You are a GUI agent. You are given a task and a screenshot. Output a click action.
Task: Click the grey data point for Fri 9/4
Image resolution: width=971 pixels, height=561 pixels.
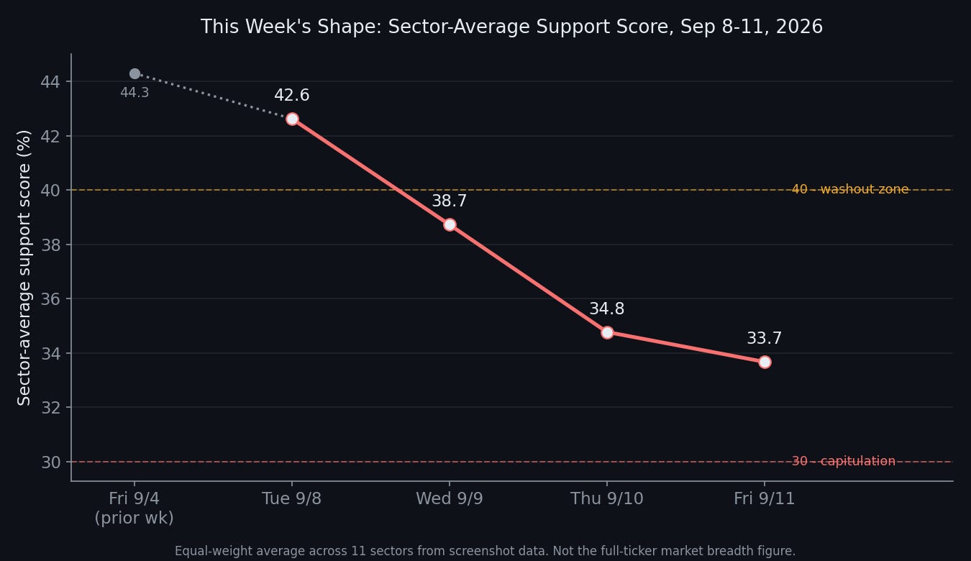135,73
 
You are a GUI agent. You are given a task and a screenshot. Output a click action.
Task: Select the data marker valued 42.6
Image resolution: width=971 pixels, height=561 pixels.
292,119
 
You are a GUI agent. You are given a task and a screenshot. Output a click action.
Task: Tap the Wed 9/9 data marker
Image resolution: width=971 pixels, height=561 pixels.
450,225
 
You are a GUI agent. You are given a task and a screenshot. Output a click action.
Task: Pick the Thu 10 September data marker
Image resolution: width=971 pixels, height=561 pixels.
607,332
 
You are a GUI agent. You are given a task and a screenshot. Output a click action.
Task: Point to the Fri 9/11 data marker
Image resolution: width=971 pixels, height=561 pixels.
765,362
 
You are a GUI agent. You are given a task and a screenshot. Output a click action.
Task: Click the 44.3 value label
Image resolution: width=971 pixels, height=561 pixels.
135,93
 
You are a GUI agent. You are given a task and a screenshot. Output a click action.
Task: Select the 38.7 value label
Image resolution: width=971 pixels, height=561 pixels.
450,201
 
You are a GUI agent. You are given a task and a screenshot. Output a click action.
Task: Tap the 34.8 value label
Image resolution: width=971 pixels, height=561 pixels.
607,309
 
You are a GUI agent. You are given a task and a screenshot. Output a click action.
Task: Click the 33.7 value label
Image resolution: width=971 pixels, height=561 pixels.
765,338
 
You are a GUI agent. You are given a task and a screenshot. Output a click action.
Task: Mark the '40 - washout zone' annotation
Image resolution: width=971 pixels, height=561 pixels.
850,189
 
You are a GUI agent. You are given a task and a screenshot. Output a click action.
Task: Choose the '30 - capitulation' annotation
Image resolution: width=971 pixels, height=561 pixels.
844,461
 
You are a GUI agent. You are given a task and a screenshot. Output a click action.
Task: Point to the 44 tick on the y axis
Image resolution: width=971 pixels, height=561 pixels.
50,81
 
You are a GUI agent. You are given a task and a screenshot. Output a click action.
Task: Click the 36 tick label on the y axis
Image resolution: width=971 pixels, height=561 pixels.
50,299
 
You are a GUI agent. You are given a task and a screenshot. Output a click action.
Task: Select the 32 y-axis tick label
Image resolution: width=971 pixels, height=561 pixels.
50,408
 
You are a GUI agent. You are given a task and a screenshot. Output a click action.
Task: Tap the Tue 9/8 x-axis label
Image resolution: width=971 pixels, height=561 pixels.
292,498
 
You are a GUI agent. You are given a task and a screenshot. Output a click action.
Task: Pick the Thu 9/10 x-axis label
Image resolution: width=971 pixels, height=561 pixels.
607,498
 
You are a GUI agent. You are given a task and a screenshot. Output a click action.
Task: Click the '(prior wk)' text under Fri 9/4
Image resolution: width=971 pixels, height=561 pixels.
135,518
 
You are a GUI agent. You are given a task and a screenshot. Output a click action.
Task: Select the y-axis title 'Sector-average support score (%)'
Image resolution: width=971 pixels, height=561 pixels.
24,268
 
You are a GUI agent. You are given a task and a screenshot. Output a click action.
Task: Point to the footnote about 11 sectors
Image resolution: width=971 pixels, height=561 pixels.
485,551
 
